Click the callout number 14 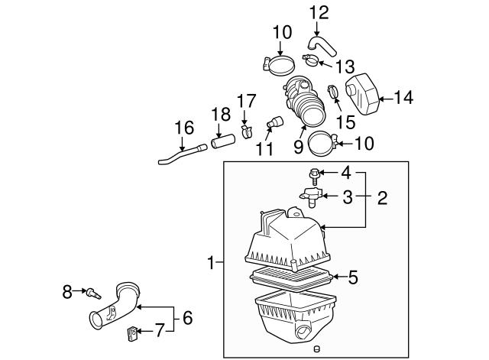tap(404, 97)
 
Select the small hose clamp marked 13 tap(311, 60)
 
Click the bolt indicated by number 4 tap(314, 177)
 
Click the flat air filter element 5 tap(292, 278)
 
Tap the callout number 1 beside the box tap(212, 262)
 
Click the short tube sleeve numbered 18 tap(222, 141)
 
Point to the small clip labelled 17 tap(247, 132)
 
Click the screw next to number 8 tap(94, 294)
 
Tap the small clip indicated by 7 tap(132, 332)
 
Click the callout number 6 tap(188, 318)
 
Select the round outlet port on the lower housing tap(303, 332)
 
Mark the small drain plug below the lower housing tap(317, 349)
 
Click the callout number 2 tap(382, 197)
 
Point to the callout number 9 tap(299, 146)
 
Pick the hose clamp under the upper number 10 tap(279, 66)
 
